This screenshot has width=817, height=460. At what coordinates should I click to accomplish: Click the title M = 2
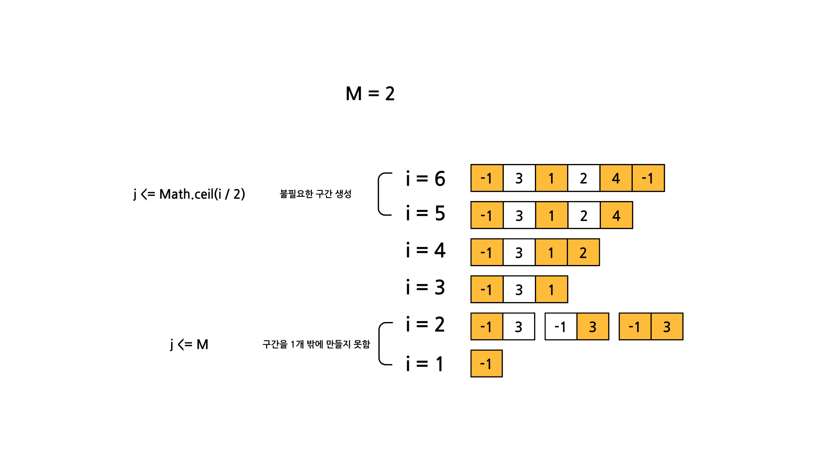coord(370,94)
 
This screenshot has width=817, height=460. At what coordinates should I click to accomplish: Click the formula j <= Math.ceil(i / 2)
coord(189,194)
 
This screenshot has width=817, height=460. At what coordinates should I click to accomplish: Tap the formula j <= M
coord(189,344)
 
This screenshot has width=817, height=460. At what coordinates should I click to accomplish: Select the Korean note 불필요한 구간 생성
coord(315,194)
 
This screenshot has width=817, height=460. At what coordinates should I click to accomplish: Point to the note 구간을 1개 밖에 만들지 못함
coord(316,344)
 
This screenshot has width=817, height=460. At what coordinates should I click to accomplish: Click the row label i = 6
coord(425,179)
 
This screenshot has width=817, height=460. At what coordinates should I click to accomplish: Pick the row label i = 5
coord(425,213)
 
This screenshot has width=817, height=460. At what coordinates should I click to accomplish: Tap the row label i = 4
coord(425,250)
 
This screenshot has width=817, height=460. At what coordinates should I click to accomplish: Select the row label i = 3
coord(425,287)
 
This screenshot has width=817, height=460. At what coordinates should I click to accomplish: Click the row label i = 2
coord(425,325)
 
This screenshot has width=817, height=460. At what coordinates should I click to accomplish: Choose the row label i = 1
coord(425,364)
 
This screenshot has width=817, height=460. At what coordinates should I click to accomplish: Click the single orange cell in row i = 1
coord(486,364)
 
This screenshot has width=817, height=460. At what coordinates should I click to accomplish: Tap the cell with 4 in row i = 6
coord(616,178)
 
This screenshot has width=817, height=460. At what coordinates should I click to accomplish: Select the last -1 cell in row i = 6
coord(648,178)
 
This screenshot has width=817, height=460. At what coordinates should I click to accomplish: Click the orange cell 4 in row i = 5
coord(616,216)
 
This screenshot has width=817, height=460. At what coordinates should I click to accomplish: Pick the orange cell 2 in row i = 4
coord(583,253)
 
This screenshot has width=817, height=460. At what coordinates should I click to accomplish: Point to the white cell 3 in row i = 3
coord(519,290)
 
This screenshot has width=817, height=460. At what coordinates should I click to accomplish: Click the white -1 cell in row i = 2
coord(561,327)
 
